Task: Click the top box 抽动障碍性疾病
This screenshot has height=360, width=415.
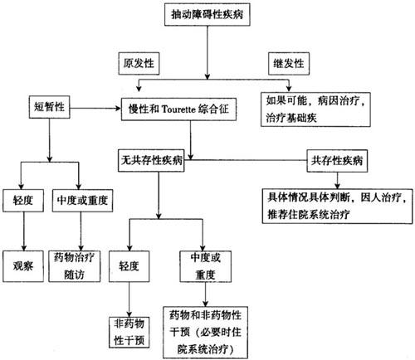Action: [x=207, y=15]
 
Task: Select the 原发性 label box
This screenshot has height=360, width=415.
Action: [x=139, y=64]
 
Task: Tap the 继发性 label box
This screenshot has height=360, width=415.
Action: [x=289, y=64]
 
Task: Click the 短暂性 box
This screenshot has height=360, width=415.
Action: [x=50, y=107]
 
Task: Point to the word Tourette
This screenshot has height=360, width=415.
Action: [x=178, y=109]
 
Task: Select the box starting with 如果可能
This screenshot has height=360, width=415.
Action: [x=315, y=109]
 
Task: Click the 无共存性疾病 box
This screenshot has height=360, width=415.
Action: [x=151, y=161]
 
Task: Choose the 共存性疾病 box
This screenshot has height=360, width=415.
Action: [x=337, y=161]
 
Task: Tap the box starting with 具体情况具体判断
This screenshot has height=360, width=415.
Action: [x=338, y=206]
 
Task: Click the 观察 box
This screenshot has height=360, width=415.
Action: [x=23, y=266]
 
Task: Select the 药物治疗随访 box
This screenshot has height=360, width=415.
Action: [x=75, y=266]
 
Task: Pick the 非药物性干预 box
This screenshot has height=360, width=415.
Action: [x=129, y=333]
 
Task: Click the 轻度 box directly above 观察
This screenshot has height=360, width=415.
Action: [x=23, y=201]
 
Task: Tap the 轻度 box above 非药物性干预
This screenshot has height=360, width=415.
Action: [x=129, y=266]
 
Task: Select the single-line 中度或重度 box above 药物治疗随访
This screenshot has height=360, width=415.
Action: [x=82, y=201]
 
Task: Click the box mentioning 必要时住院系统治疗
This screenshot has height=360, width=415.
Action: [x=205, y=333]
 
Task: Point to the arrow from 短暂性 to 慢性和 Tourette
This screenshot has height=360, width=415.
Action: [x=95, y=108]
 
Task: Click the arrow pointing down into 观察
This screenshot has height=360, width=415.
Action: [x=24, y=231]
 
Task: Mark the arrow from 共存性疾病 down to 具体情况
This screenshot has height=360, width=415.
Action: [x=337, y=180]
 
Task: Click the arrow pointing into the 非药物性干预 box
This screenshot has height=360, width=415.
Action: [x=129, y=299]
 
